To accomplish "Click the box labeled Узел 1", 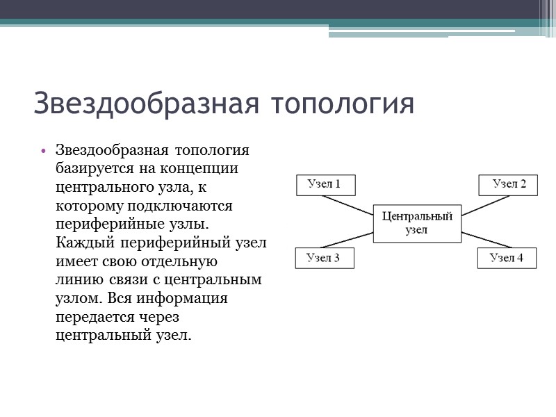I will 325,185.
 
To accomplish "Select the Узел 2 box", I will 508,185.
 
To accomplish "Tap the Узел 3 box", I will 325,258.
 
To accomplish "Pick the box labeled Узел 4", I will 507,258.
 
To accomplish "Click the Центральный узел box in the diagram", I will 417,223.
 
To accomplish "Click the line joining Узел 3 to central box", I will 347,239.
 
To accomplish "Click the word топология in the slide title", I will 342,104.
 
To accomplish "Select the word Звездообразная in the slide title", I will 147,104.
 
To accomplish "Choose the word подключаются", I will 177,206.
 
